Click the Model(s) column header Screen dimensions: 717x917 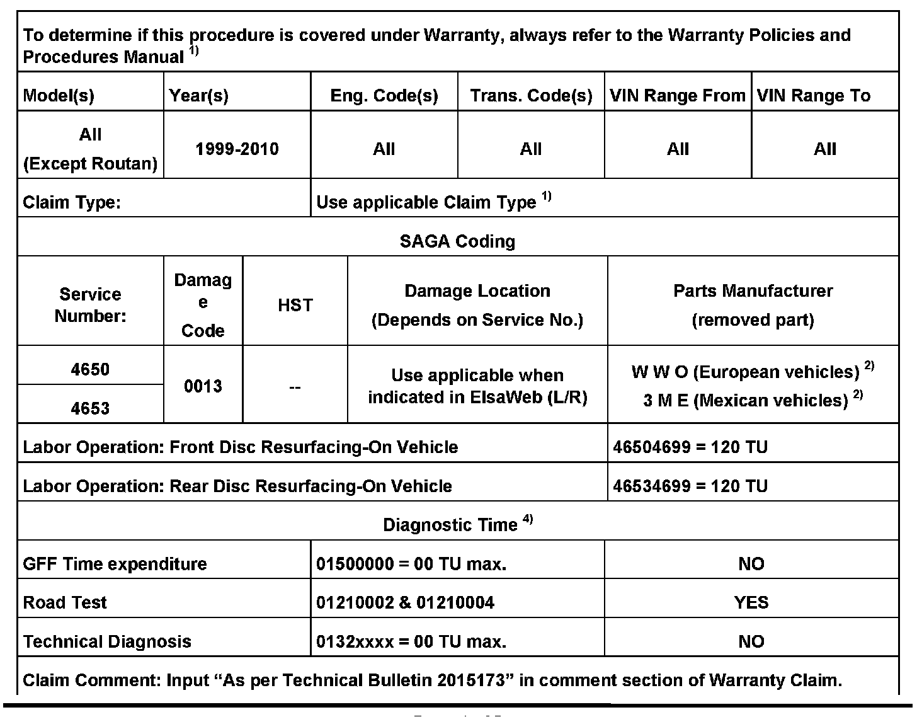tap(59, 96)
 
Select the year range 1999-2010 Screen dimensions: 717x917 tap(237, 149)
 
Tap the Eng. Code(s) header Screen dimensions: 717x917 tap(384, 96)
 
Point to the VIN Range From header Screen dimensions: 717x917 tap(678, 96)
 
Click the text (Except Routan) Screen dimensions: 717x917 tap(90, 164)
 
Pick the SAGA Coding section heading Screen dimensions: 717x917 tap(458, 241)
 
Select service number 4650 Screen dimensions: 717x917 tap(90, 369)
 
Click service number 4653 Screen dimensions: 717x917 tap(90, 408)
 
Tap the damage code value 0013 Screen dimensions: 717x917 tap(203, 386)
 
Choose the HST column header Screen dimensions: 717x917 tap(295, 306)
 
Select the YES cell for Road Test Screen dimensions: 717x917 tap(751, 603)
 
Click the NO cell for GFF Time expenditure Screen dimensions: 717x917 tap(751, 564)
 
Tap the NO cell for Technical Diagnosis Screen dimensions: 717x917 tap(751, 642)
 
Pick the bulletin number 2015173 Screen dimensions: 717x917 tap(472, 680)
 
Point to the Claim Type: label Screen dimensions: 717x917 tap(72, 202)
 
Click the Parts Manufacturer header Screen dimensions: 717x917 tap(753, 291)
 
